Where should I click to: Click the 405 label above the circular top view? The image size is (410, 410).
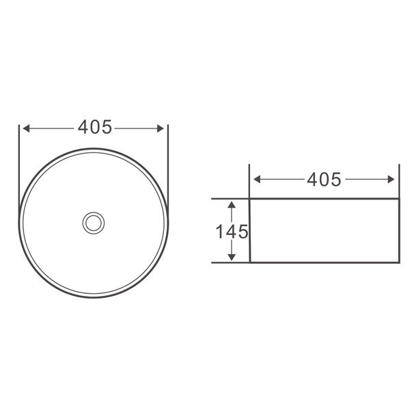(x=95, y=127)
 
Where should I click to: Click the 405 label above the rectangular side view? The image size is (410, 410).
(x=324, y=180)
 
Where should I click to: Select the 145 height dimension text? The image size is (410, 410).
(x=232, y=232)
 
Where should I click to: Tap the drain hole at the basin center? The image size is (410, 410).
(x=94, y=223)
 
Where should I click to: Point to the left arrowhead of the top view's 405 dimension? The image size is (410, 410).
(x=26, y=128)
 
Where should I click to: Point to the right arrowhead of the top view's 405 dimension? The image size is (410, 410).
(x=161, y=128)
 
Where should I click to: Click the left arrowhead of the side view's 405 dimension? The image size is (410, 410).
(x=257, y=180)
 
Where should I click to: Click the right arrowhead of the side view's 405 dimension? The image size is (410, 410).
(x=391, y=180)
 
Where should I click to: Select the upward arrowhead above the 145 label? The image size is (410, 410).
(x=232, y=205)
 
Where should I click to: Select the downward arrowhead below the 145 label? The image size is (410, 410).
(x=232, y=258)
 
